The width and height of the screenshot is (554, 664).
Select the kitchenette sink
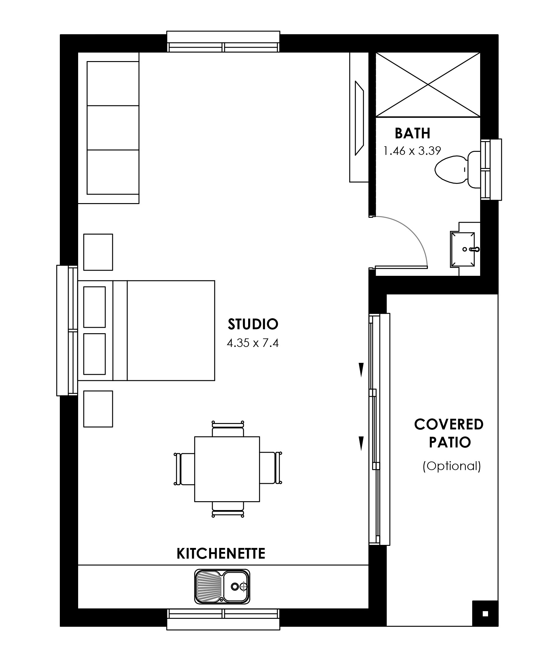tap(222, 586)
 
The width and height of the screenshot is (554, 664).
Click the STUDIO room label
tap(253, 324)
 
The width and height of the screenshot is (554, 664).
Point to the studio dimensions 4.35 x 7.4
tap(253, 343)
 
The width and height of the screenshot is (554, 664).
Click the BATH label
tap(412, 133)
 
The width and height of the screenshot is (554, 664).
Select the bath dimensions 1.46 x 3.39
tap(412, 151)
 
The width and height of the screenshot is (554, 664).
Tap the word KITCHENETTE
tap(221, 554)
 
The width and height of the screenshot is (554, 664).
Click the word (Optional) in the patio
tap(452, 466)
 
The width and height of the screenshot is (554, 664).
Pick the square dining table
tap(227, 469)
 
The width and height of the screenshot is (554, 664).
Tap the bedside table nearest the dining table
tap(98, 409)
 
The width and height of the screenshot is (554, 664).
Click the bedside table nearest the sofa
tap(98, 252)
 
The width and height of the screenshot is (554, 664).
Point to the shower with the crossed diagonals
tap(428, 85)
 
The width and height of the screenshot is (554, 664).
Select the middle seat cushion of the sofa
tap(113, 128)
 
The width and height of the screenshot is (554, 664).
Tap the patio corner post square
tap(485, 614)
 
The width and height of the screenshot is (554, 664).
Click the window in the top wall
tap(223, 42)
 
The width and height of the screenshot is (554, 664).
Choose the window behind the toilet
tap(491, 170)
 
